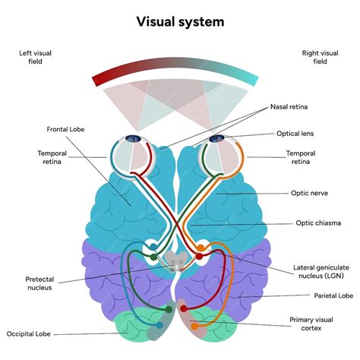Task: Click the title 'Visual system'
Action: click(x=180, y=21)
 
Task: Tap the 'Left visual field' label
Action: click(x=35, y=57)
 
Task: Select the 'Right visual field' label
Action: click(x=319, y=57)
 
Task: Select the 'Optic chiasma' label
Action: click(x=315, y=223)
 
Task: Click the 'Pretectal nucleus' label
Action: click(x=39, y=283)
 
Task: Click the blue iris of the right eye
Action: click(x=218, y=138)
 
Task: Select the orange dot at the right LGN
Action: click(x=201, y=247)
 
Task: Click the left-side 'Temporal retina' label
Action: click(x=52, y=156)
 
